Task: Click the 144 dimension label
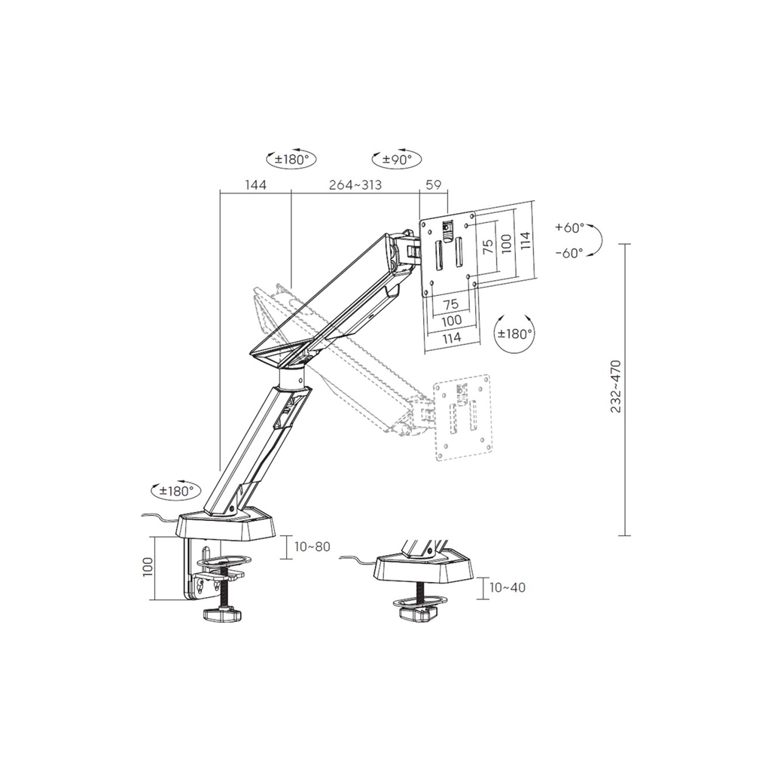(255, 185)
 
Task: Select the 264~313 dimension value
(355, 185)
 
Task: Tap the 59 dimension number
(433, 185)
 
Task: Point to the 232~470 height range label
(616, 386)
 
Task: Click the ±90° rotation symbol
(397, 158)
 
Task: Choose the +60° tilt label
(569, 227)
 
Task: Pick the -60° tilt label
(569, 253)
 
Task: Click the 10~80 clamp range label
(312, 547)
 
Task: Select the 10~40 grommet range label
(507, 587)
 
